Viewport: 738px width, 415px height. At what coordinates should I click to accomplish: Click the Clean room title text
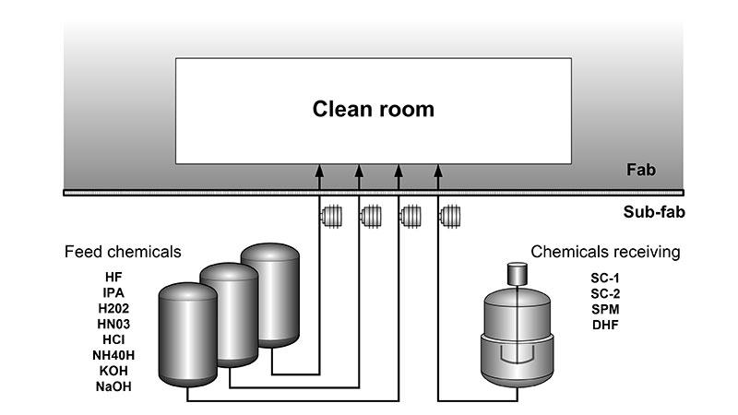373,110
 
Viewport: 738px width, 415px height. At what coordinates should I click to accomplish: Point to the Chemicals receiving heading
605,251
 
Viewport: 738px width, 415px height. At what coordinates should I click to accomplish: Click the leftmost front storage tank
187,334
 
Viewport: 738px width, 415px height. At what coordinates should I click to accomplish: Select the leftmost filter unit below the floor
330,218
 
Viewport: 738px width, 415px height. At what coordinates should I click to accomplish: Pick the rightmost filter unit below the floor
450,218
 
